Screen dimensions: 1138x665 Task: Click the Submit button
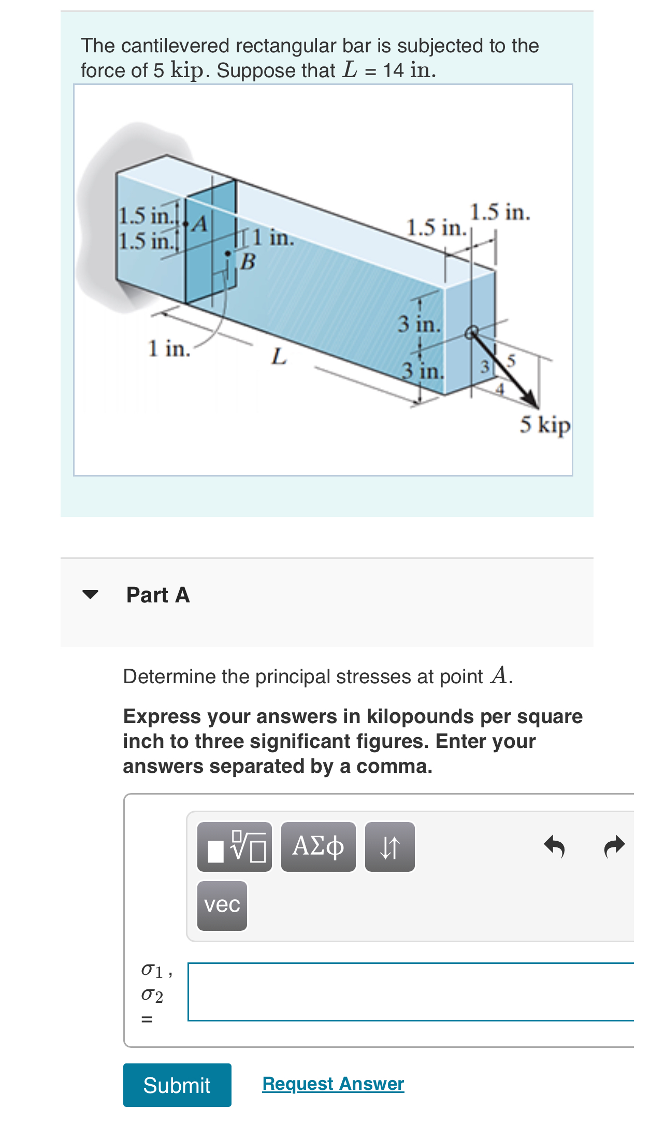(177, 1085)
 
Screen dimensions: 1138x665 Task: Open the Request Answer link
(333, 1084)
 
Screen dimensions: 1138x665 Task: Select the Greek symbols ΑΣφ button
(318, 846)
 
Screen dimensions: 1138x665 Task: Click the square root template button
(235, 846)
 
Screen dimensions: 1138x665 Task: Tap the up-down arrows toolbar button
(389, 846)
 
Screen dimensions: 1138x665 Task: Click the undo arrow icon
(554, 846)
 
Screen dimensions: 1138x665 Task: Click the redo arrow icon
(614, 846)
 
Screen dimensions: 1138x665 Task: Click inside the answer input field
(409, 991)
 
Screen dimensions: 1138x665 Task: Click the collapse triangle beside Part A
(90, 594)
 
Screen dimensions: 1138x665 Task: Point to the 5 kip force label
(545, 425)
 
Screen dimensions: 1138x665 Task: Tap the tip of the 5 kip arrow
(536, 406)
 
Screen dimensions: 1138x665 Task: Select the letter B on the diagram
(248, 262)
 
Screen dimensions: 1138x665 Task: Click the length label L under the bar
(279, 356)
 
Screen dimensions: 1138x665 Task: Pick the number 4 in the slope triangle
(499, 389)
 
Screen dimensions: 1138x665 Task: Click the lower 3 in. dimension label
(423, 371)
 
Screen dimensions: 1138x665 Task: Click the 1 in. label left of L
(169, 349)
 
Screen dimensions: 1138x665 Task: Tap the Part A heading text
(158, 595)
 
